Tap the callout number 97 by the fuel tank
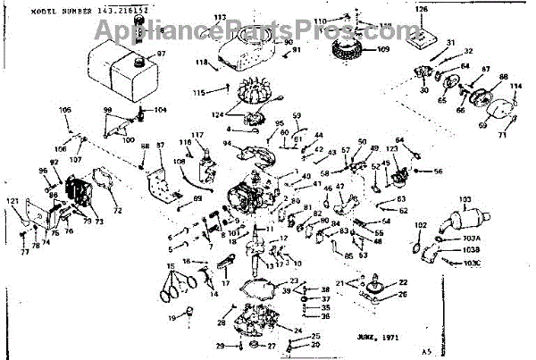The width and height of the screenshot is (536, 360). pos(162,54)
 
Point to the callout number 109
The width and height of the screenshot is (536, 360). pos(384,49)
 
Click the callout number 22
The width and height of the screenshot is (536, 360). pos(403,282)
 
